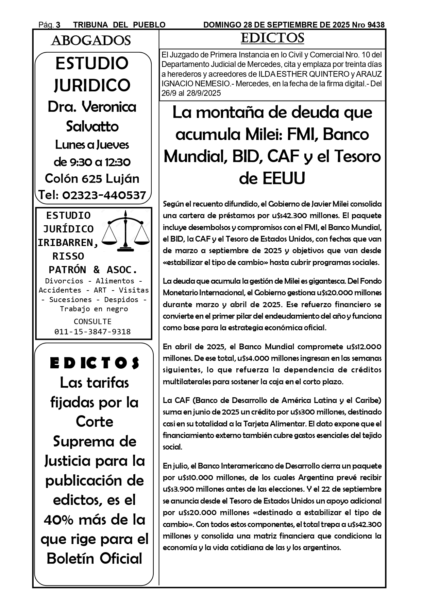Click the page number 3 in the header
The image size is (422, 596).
click(58, 25)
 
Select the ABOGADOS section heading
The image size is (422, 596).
click(91, 41)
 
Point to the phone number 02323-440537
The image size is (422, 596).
click(104, 195)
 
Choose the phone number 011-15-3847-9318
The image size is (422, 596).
click(92, 332)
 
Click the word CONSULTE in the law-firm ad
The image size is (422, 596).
click(92, 321)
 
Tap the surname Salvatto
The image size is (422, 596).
click(92, 126)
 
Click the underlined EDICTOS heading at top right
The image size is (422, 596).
click(272, 38)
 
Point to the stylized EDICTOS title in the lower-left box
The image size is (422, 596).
click(95, 363)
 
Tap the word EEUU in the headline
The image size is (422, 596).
click(272, 178)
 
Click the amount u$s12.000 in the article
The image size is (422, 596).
click(364, 347)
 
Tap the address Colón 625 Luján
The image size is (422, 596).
click(92, 178)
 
